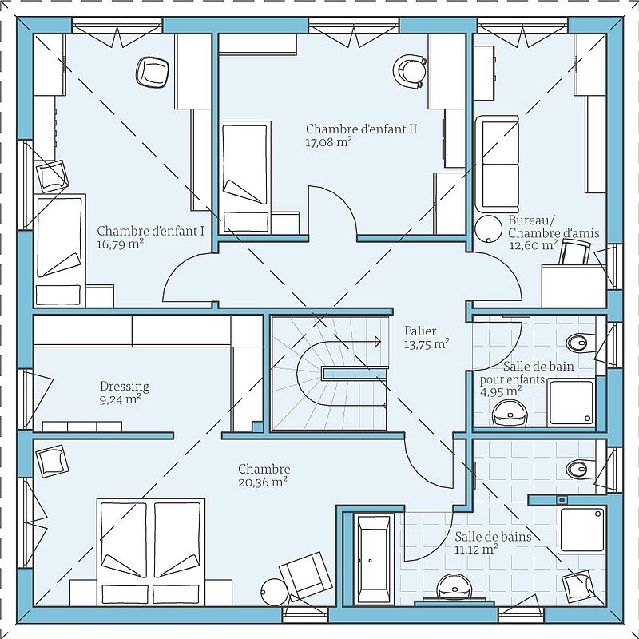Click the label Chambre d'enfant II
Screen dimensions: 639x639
tap(362, 129)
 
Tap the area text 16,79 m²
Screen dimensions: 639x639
tap(121, 244)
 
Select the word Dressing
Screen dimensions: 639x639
tap(125, 387)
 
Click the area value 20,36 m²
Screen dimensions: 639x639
tap(263, 482)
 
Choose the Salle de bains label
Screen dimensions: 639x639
tap(493, 537)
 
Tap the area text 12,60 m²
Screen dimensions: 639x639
tap(534, 245)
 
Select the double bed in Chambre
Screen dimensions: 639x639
tap(151, 552)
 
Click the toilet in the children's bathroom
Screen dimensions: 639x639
tap(581, 343)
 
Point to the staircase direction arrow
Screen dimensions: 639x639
tap(351, 342)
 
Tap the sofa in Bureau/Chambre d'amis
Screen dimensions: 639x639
tap(497, 164)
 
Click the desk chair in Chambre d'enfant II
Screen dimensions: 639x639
tap(410, 71)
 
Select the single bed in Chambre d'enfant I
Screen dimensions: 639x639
tap(59, 250)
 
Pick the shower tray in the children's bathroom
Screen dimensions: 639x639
tap(571, 403)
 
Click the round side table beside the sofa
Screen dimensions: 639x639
tap(489, 229)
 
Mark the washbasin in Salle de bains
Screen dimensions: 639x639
tap(454, 588)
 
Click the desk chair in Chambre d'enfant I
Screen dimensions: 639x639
tap(152, 72)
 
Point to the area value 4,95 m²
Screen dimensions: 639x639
tap(501, 392)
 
